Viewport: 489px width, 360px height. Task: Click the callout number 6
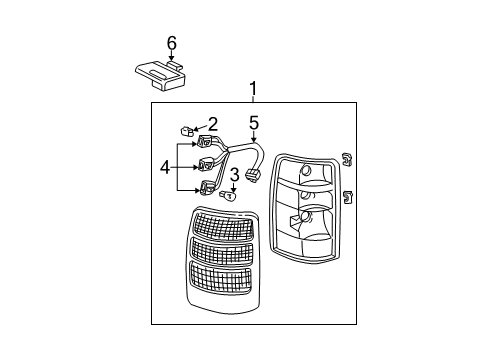pyautogui.click(x=171, y=42)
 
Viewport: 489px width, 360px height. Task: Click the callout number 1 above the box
pyautogui.click(x=253, y=90)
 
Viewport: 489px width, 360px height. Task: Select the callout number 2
pyautogui.click(x=213, y=124)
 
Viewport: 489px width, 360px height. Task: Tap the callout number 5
pyautogui.click(x=254, y=124)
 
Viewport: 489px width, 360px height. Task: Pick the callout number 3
pyautogui.click(x=234, y=174)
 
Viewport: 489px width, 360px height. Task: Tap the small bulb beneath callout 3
pyautogui.click(x=229, y=196)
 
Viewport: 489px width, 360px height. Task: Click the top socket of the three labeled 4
pyautogui.click(x=210, y=144)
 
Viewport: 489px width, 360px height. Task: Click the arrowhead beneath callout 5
pyautogui.click(x=254, y=141)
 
